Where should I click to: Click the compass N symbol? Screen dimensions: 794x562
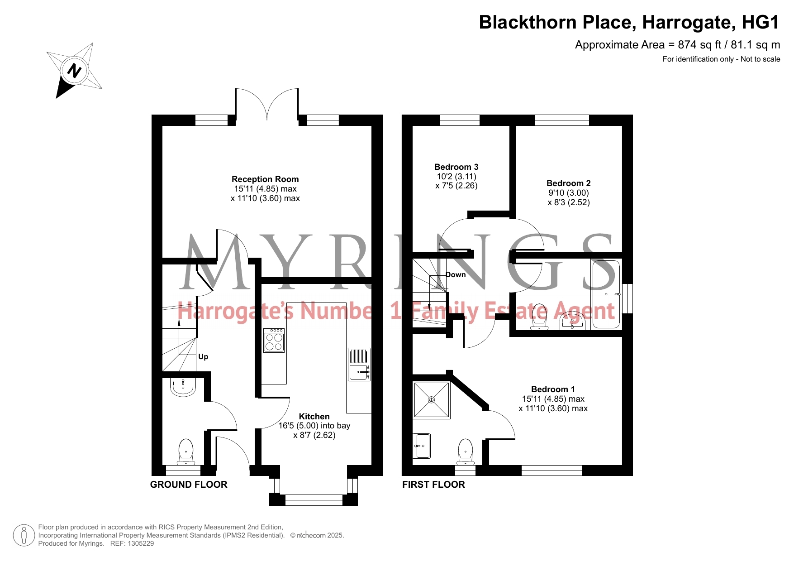point(74,71)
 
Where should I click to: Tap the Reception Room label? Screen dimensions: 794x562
point(265,179)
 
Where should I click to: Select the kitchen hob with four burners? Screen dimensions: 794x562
point(274,340)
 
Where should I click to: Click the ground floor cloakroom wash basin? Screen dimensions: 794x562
point(183,387)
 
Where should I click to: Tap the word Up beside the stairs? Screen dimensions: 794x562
point(203,357)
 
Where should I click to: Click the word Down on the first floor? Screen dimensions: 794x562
point(456,275)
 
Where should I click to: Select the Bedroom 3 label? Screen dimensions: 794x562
point(456,167)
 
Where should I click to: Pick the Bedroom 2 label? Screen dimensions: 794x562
point(569,183)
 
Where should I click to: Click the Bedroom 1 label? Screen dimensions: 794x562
point(553,389)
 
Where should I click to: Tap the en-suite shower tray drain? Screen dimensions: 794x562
point(431,400)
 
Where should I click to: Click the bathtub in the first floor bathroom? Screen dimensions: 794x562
point(606,294)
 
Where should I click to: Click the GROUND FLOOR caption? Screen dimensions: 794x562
point(189,485)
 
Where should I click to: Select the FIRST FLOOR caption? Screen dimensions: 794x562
point(433,485)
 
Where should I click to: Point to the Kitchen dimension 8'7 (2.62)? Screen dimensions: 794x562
point(314,435)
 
